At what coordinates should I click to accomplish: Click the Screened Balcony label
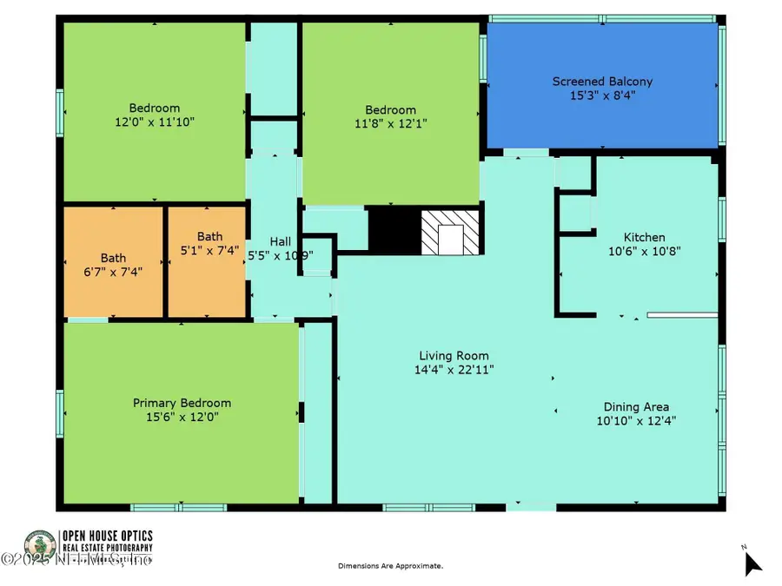coord(602,82)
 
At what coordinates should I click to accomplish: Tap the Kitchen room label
coord(644,237)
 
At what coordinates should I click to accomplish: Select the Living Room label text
coord(454,355)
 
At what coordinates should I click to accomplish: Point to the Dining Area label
coord(636,406)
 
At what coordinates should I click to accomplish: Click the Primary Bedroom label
coord(182,403)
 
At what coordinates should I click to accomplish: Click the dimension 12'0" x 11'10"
coord(154,122)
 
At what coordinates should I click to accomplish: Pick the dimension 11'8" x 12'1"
coord(390,124)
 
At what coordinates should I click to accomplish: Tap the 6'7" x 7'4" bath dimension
coord(113,271)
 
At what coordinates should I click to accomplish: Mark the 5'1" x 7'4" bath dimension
coord(209,250)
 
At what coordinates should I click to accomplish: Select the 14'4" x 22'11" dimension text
coord(454,369)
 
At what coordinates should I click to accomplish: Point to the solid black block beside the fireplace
coord(394,230)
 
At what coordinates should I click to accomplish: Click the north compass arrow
coord(752,563)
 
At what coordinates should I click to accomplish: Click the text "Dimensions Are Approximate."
coord(390,566)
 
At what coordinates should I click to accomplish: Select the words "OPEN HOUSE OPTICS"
coord(106,536)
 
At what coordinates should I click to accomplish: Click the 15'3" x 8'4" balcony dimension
coord(602,95)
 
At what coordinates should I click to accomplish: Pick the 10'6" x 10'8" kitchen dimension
coord(644,251)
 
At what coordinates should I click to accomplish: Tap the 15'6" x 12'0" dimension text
coord(182,417)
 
